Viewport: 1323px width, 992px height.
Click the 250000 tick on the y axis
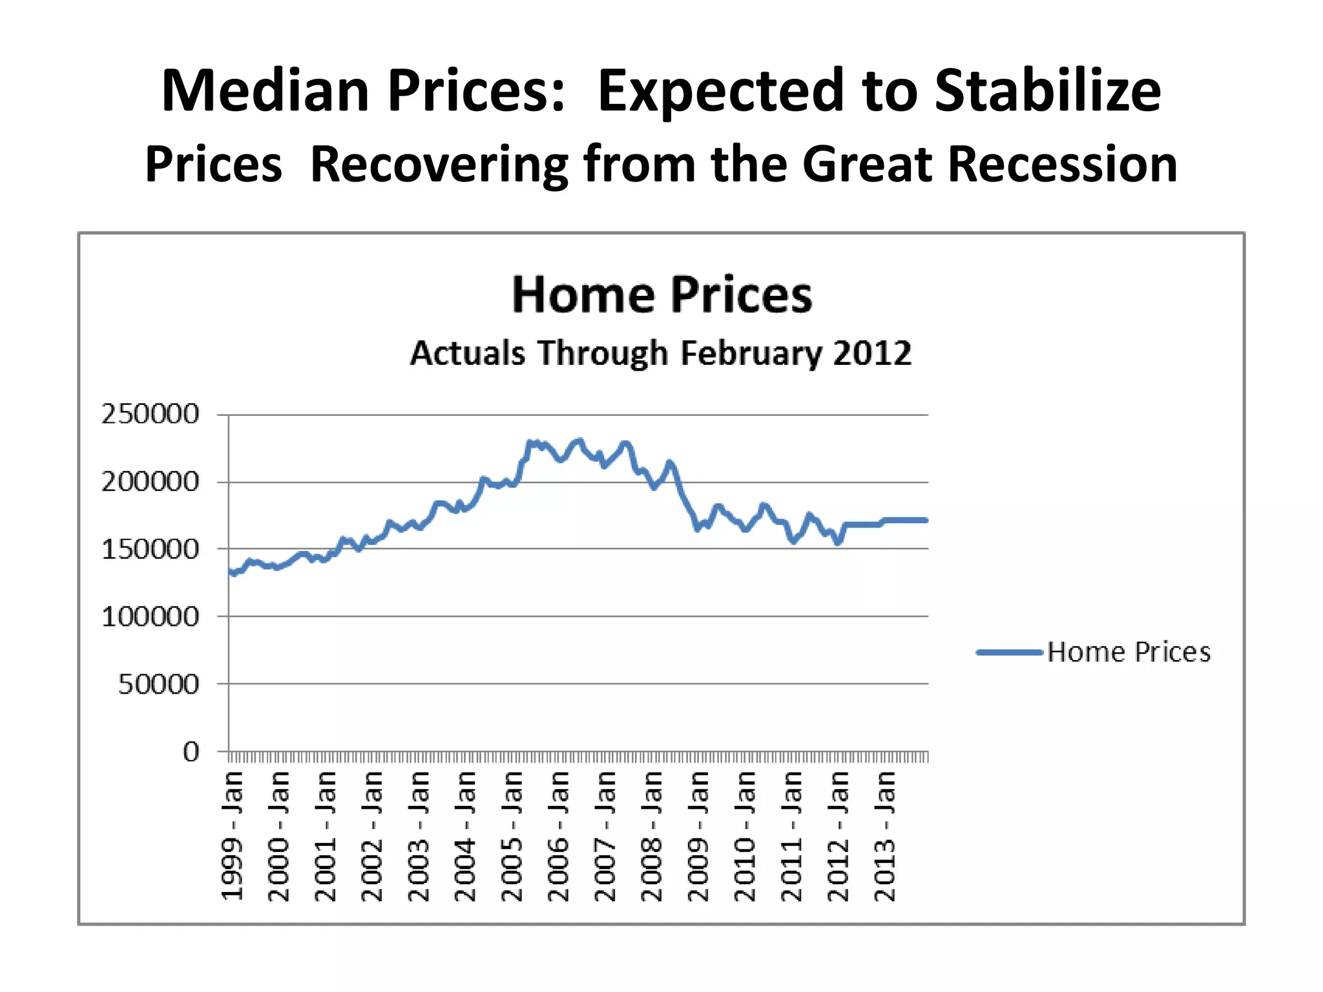(x=150, y=414)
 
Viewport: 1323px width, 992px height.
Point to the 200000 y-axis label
(x=150, y=482)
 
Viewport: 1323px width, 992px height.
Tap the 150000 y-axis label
(x=150, y=550)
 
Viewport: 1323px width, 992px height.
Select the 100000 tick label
(x=150, y=617)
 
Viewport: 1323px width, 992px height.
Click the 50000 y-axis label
(x=158, y=685)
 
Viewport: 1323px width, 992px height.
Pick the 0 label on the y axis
(x=191, y=752)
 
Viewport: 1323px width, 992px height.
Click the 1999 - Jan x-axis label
(x=233, y=836)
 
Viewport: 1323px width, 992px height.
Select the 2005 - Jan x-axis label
(x=512, y=836)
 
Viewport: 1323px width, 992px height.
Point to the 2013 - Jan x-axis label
(x=885, y=836)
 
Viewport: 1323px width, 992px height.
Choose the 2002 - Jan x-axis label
(x=373, y=836)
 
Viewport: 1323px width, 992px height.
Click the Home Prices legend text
(x=1129, y=652)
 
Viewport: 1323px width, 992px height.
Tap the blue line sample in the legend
(x=1010, y=652)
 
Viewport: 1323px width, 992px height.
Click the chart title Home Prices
(x=661, y=295)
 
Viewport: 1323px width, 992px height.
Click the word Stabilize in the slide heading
(x=1047, y=90)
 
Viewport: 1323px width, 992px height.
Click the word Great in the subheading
(x=866, y=164)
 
